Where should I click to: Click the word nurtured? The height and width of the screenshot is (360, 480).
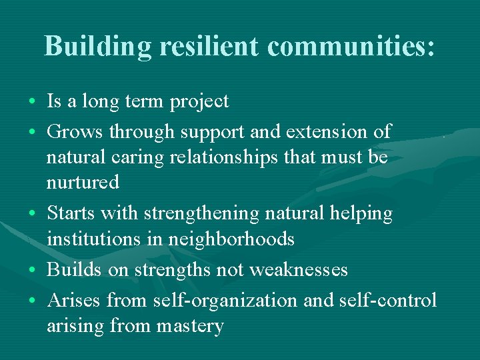point(83,182)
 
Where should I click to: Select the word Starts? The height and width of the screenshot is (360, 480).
point(71,213)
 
